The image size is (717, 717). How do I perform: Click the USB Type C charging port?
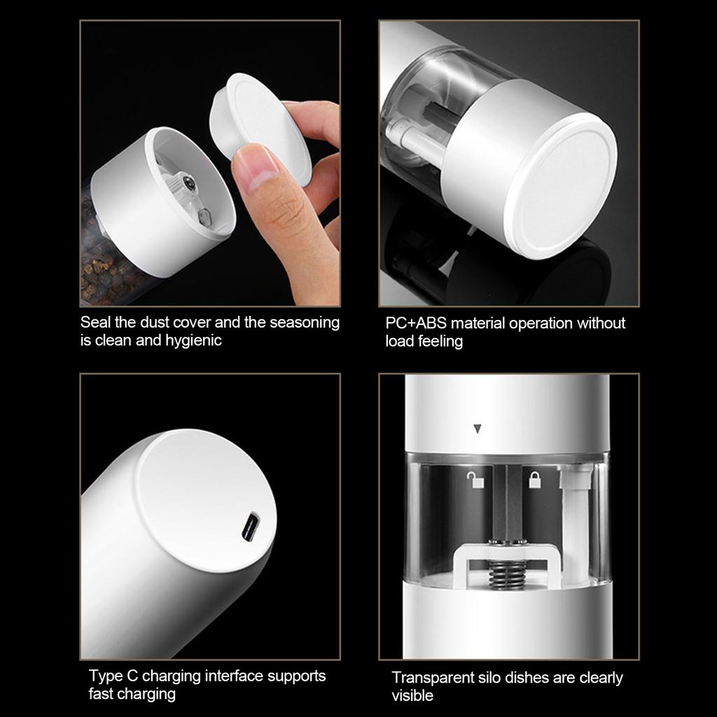[250, 527]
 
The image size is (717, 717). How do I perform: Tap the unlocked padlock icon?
[475, 480]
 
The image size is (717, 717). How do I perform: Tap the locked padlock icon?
[534, 480]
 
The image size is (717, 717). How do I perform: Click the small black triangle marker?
[478, 429]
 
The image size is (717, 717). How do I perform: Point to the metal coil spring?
[507, 573]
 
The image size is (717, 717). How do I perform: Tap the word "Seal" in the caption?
[95, 322]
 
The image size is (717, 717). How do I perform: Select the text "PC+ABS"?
[416, 323]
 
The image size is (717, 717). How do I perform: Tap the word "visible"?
[412, 695]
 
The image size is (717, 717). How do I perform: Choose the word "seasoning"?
[305, 323]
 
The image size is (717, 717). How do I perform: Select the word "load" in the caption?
[400, 341]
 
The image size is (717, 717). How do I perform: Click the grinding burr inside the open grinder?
[183, 185]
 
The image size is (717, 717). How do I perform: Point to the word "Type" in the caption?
[106, 676]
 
